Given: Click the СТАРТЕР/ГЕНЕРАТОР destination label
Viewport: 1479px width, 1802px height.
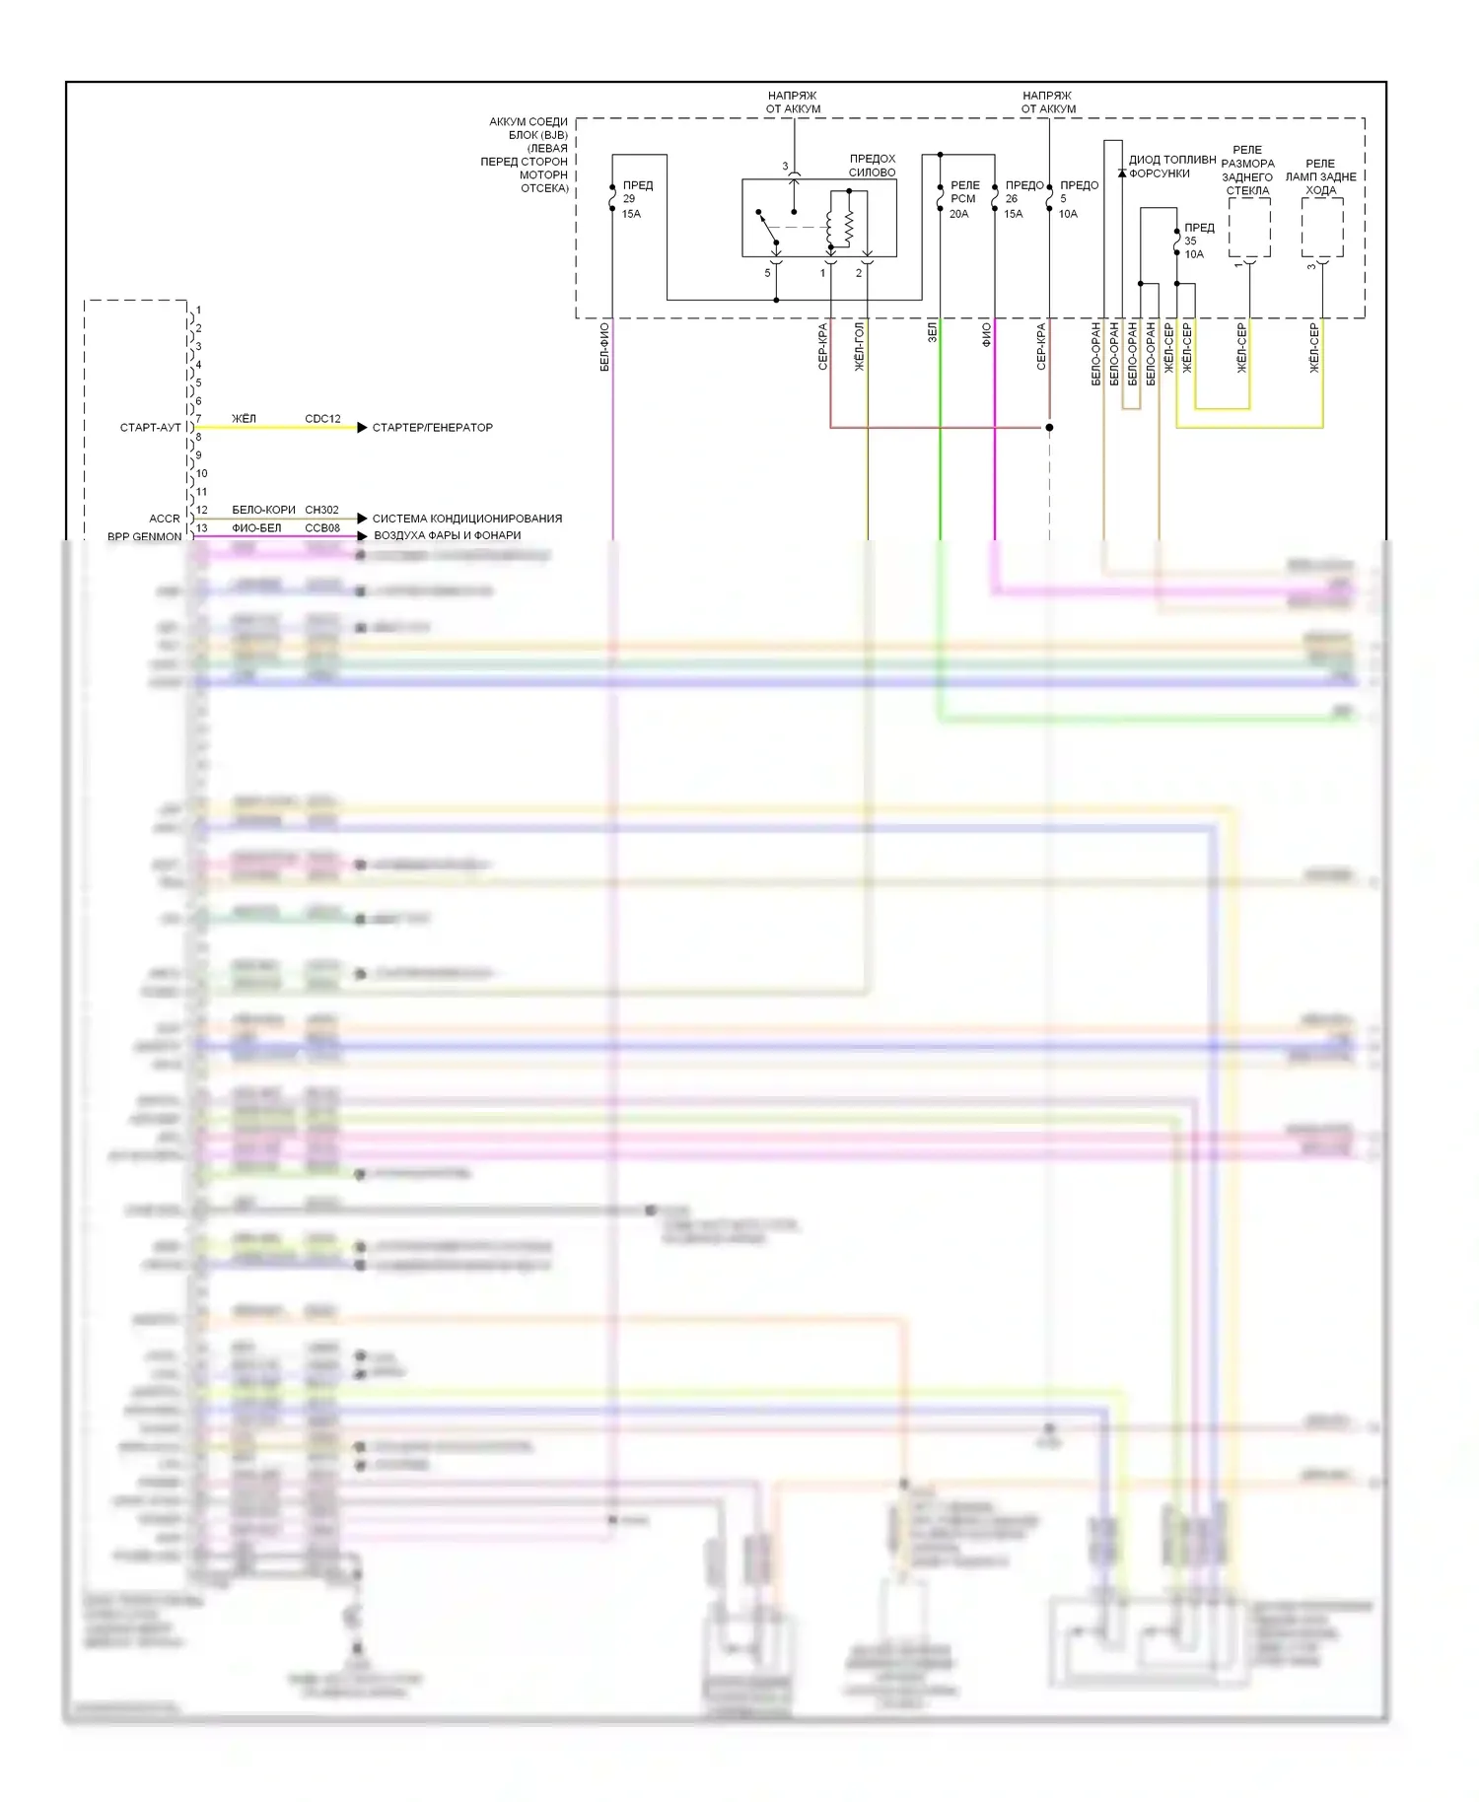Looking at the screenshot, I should (432, 427).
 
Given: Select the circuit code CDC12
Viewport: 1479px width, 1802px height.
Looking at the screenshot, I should (322, 418).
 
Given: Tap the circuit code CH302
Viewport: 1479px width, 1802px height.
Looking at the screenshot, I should (321, 510).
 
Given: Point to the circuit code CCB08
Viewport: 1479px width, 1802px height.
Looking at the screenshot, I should (322, 527).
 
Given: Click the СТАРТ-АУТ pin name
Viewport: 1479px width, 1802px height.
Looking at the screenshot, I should (150, 427).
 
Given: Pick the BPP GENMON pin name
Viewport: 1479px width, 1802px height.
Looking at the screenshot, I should (144, 536).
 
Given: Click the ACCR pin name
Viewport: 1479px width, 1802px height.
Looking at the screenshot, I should (165, 519).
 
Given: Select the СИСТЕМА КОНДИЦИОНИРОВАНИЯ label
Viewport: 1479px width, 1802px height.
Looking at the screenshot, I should (466, 518).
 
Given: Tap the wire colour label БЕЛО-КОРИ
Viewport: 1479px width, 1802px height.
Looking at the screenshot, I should (263, 510).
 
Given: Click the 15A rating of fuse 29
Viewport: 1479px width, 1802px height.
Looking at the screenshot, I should (631, 214).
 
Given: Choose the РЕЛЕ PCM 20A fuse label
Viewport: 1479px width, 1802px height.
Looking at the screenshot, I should (963, 199).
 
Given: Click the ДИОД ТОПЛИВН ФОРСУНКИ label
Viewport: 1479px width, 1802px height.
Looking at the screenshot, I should (1171, 166).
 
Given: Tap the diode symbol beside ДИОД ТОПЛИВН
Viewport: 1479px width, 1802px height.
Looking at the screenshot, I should (1122, 173).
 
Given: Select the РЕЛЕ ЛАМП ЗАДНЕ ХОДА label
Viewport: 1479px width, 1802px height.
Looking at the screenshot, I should (1320, 176).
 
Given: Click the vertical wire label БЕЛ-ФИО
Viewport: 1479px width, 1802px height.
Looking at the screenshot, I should (604, 347).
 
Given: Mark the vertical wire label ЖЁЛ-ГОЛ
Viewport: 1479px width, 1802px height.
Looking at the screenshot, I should (859, 346).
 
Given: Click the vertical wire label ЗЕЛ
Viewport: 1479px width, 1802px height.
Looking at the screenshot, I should (932, 334).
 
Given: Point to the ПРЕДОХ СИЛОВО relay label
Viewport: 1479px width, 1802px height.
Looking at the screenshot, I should (872, 165).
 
